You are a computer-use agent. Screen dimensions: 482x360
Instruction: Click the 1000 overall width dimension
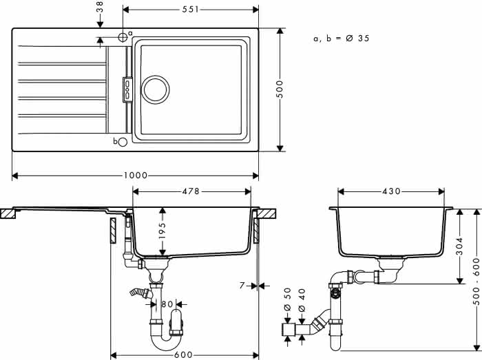tap(136, 176)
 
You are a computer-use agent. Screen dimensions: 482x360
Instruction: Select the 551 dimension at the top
tap(191, 10)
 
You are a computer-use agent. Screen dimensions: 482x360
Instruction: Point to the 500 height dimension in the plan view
tap(280, 89)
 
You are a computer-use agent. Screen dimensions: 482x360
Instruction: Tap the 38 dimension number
tap(100, 6)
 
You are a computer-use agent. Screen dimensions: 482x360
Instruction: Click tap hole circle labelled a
tap(123, 37)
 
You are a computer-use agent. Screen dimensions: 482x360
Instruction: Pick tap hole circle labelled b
tap(123, 142)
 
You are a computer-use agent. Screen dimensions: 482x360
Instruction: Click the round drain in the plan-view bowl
tap(155, 89)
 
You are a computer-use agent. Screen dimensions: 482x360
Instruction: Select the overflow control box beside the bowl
tap(127, 89)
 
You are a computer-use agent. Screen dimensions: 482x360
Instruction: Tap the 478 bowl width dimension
tap(191, 191)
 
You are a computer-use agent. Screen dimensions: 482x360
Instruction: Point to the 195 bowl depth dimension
tap(163, 230)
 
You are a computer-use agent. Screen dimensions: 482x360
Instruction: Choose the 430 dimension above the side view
tap(391, 191)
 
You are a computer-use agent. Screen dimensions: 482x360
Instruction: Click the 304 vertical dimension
tap(459, 246)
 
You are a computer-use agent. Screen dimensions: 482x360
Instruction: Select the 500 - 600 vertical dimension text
tap(476, 282)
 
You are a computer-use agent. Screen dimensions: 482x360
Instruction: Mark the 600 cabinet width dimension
tap(183, 355)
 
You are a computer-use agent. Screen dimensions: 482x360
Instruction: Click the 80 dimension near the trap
tap(167, 304)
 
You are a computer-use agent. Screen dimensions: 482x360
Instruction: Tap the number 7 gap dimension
tap(242, 286)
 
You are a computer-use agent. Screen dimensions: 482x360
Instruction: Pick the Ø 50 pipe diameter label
tap(287, 299)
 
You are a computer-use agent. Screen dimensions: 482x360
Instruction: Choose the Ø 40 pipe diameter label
tap(302, 300)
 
